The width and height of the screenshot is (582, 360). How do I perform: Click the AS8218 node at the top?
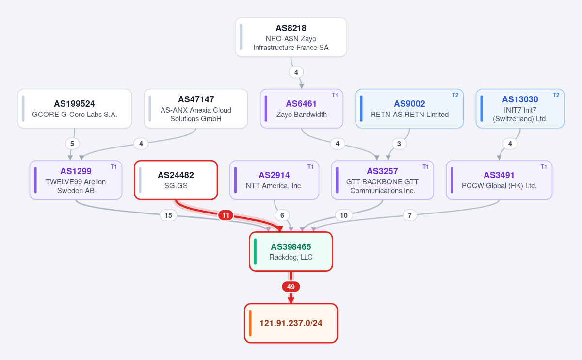click(291, 37)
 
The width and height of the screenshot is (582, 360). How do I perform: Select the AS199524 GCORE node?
click(75, 108)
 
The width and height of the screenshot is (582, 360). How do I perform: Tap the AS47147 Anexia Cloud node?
click(196, 108)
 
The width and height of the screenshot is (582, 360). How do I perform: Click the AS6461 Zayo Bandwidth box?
click(302, 108)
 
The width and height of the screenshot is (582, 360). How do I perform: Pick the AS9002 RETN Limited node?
click(409, 108)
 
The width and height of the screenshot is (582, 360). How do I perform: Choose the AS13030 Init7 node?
click(520, 108)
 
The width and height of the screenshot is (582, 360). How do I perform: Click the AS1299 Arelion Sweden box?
click(76, 180)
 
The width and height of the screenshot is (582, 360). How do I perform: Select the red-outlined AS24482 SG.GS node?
click(176, 180)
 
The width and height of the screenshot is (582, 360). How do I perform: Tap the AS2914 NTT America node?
click(275, 180)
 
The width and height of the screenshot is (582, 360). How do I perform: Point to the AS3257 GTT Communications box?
click(383, 180)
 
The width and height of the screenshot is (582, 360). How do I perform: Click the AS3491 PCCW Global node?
click(499, 180)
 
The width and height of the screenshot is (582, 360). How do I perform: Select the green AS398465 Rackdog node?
click(291, 252)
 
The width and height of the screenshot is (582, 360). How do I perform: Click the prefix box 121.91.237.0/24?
click(291, 323)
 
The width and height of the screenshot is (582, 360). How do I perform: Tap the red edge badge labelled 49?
click(291, 287)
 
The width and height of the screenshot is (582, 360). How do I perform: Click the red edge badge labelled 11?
click(226, 215)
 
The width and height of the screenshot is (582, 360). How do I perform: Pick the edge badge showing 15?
click(168, 215)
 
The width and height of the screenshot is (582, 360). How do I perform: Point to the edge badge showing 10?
click(344, 215)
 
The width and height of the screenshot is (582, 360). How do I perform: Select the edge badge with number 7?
click(410, 215)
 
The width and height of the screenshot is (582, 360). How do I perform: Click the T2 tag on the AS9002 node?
click(455, 95)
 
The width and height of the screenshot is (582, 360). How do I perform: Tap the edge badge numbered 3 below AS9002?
click(399, 144)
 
